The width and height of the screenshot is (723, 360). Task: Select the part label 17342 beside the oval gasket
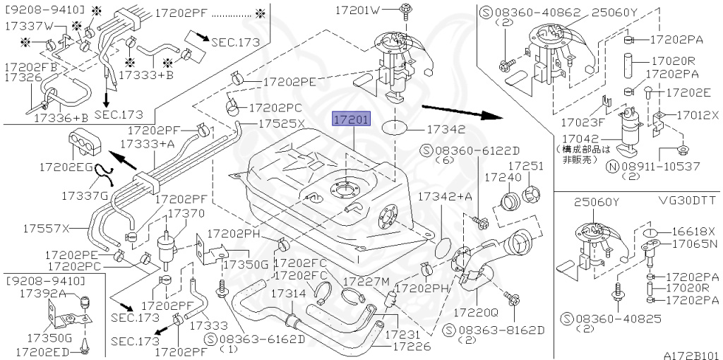(x=446, y=130)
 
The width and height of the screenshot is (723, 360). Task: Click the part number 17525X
(x=281, y=123)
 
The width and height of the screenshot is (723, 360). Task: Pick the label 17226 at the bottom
(x=412, y=347)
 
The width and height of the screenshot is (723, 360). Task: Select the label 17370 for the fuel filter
(x=186, y=212)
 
